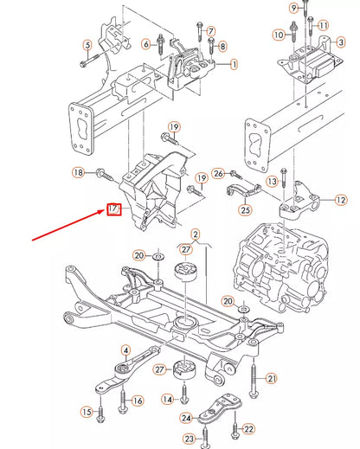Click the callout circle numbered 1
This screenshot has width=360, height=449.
pos(234,64)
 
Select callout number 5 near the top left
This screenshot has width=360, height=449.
pos(87,44)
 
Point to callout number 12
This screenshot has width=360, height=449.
pos(341,200)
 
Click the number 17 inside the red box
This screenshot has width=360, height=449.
pos(112,209)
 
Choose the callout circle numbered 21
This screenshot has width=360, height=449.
pos(272,378)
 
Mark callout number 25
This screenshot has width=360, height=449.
pos(245,209)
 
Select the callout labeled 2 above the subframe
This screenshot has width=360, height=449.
pos(196,234)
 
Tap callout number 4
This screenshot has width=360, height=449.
pos(125,350)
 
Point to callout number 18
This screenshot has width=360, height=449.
pos(78,174)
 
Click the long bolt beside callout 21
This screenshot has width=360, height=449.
pos(254,373)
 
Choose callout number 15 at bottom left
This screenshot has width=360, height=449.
pos(86,411)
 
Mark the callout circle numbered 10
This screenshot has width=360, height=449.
pos(279,35)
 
